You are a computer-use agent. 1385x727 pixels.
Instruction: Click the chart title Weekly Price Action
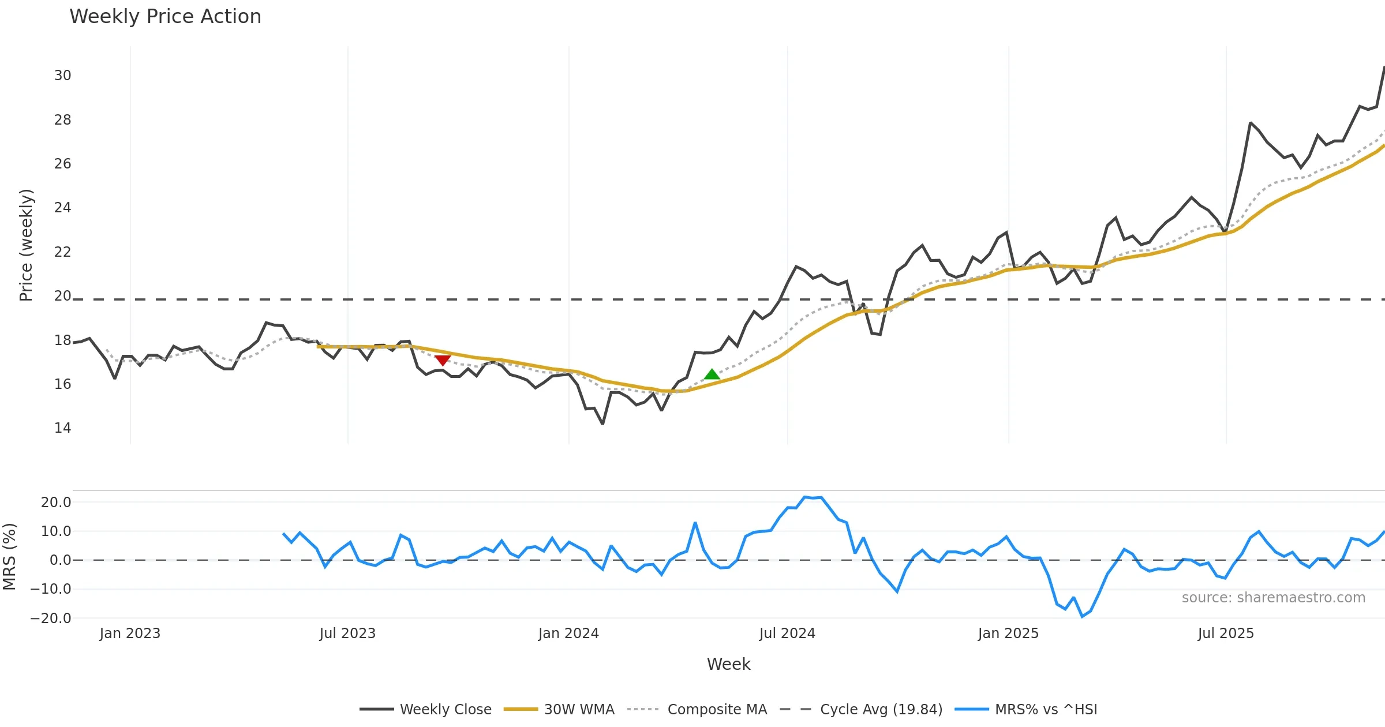pos(165,17)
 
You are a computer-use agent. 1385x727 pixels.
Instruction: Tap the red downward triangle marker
pos(443,360)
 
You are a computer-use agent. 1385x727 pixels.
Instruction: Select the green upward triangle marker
pos(712,374)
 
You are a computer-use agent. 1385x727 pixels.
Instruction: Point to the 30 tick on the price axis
pos(63,76)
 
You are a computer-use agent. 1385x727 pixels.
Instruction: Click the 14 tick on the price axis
pos(63,428)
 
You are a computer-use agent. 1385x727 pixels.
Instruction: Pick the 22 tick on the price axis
pos(63,252)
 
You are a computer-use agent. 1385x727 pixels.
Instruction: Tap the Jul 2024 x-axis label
pos(787,634)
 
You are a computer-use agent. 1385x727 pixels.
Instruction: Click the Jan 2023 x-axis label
pos(130,634)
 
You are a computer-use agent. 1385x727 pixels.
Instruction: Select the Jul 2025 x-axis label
pos(1226,634)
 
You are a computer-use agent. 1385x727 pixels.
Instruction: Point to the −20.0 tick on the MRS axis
pos(51,619)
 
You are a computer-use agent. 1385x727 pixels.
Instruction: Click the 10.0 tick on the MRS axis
pos(56,531)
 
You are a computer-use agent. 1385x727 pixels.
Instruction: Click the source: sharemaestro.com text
pos(1273,598)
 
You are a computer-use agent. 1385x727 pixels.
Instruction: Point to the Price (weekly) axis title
pos(27,245)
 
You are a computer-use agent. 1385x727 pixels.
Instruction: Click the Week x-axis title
pos(728,665)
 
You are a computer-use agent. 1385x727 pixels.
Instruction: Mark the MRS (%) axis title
pos(9,557)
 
